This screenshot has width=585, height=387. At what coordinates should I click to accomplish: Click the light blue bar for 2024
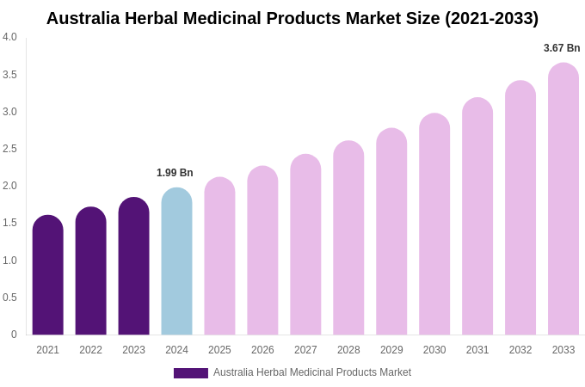click(176, 261)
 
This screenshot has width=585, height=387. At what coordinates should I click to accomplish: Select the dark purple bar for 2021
click(47, 275)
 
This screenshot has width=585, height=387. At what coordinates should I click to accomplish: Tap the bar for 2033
click(563, 199)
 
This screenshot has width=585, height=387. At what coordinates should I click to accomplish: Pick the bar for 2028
click(348, 238)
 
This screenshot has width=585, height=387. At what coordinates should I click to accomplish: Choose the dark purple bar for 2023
click(133, 267)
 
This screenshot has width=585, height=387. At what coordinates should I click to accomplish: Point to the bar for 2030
click(434, 224)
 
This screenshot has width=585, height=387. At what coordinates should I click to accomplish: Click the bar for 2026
click(262, 250)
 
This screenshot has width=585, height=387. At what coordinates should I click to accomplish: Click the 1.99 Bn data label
click(175, 173)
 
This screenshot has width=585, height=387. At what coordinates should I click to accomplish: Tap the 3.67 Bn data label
click(562, 48)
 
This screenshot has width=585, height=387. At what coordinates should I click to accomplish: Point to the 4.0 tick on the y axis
click(9, 37)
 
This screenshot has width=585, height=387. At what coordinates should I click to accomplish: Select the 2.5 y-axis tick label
click(9, 149)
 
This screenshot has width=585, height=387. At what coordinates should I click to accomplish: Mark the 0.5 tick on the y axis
click(9, 298)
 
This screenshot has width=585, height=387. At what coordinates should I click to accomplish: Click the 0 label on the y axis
click(14, 335)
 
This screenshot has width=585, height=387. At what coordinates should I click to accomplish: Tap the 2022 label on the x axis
click(90, 350)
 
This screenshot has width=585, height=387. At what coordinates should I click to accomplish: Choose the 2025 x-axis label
click(219, 350)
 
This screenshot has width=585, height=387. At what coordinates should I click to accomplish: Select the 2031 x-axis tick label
click(477, 350)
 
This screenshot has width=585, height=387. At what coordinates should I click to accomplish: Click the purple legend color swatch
click(190, 373)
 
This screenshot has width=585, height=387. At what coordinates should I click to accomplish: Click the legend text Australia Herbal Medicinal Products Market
click(312, 372)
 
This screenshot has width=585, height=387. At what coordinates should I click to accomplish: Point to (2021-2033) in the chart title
click(491, 18)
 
